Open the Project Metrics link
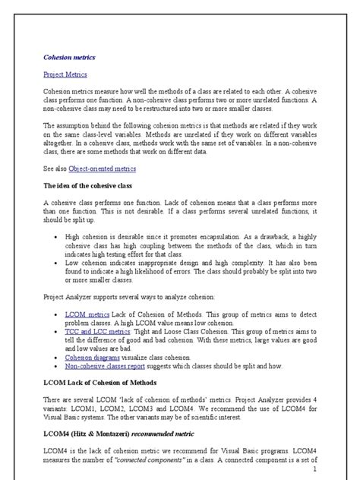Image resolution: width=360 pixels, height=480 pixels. tap(65, 74)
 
